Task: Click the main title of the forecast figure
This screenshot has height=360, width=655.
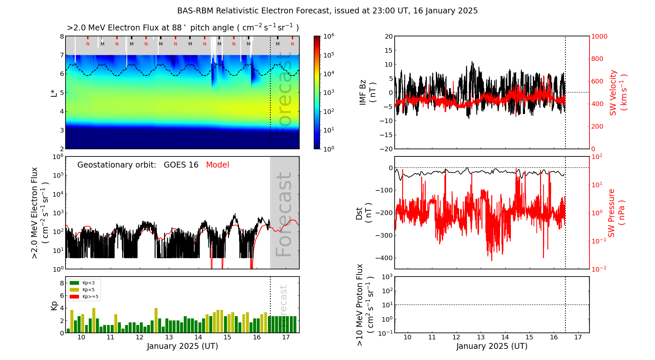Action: pyautogui.click(x=327, y=11)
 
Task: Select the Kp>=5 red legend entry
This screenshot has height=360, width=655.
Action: pyautogui.click(x=84, y=297)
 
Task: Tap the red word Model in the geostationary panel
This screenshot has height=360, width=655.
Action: pyautogui.click(x=217, y=165)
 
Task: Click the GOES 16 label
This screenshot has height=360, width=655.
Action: pyautogui.click(x=181, y=165)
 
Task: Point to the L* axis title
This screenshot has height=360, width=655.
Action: pyautogui.click(x=54, y=93)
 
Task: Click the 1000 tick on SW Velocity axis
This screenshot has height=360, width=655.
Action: pyautogui.click(x=599, y=36)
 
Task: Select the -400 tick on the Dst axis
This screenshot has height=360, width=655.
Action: pyautogui.click(x=384, y=258)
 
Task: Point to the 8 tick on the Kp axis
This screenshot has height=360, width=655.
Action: pyautogui.click(x=62, y=283)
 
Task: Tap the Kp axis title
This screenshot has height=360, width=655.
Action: pyautogui.click(x=54, y=305)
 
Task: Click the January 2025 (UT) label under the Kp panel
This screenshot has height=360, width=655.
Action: pyautogui.click(x=182, y=346)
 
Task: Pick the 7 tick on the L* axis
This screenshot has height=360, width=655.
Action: pyautogui.click(x=62, y=55)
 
